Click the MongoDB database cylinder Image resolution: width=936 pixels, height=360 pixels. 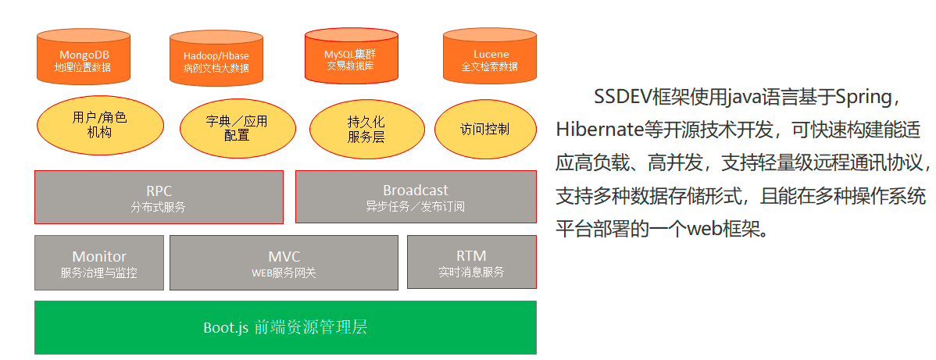pyautogui.click(x=82, y=56)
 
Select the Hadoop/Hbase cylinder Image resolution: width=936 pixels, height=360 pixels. pyautogui.click(x=216, y=58)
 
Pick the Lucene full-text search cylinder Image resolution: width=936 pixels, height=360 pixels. pyautogui.click(x=490, y=56)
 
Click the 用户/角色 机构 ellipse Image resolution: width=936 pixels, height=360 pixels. pyautogui.click(x=100, y=125)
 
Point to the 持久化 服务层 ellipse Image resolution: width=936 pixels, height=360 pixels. pyautogui.click(x=366, y=129)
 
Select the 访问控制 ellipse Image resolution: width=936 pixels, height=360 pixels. pyautogui.click(x=484, y=129)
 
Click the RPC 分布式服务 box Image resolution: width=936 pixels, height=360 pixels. pyautogui.click(x=159, y=198)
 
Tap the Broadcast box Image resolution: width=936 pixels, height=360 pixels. pyautogui.click(x=415, y=198)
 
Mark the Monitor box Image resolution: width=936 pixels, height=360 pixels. pyautogui.click(x=99, y=263)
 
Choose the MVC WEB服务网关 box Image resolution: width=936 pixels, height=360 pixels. pyautogui.click(x=284, y=263)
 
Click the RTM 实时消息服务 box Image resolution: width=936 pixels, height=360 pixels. pyautogui.click(x=471, y=262)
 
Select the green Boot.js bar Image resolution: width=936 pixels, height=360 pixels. pyautogui.click(x=285, y=327)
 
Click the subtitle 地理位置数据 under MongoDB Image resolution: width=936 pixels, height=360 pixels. pyautogui.click(x=82, y=68)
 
